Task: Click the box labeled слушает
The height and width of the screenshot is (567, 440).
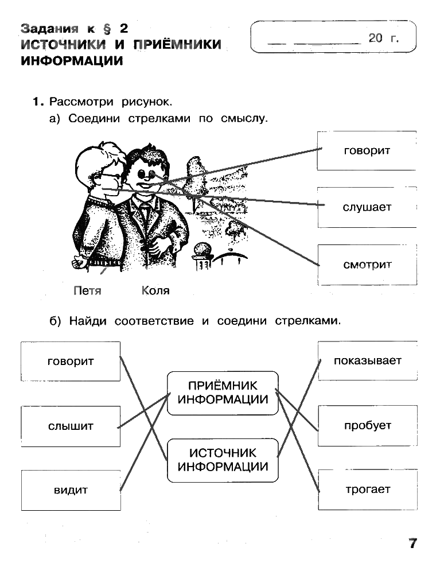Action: point(367,207)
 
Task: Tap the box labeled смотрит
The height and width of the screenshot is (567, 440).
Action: point(367,265)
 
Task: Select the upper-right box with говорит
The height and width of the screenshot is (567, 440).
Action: point(367,150)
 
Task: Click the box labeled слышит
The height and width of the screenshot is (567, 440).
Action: point(71,426)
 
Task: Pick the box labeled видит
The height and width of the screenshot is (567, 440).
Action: point(71,490)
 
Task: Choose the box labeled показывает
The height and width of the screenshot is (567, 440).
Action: point(368,361)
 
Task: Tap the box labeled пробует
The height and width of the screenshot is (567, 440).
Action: point(368,425)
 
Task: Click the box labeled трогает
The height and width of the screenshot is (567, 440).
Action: point(368,490)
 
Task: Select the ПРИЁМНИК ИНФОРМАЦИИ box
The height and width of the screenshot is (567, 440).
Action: point(223,393)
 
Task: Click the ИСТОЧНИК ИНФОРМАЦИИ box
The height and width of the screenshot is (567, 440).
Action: point(223,460)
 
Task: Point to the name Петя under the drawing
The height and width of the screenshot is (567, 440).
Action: point(88,291)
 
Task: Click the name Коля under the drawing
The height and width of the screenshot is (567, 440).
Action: point(155,291)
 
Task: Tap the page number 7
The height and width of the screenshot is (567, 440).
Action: point(412,543)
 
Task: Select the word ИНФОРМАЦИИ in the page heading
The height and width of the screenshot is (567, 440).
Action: point(72,61)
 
